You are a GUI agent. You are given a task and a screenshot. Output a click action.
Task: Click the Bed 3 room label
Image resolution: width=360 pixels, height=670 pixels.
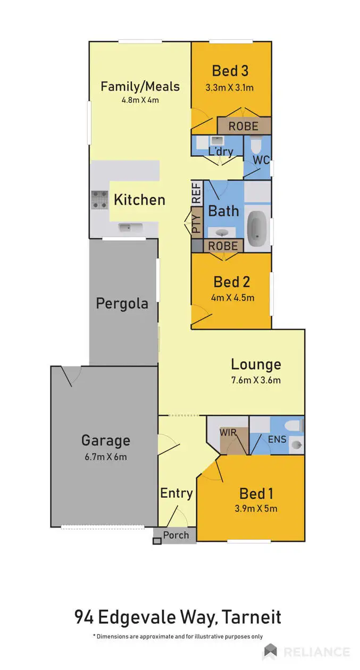pyautogui.click(x=231, y=70)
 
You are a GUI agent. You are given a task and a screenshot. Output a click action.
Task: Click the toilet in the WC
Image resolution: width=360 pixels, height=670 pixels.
pyautogui.click(x=256, y=144)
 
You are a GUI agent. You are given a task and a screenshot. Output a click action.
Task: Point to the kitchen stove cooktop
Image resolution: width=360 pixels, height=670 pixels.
pyautogui.click(x=99, y=199)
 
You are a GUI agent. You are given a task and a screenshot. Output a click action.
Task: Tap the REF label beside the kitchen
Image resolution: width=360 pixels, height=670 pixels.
pyautogui.click(x=196, y=192)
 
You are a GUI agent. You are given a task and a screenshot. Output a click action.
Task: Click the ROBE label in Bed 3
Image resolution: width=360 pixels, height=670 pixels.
pyautogui.click(x=244, y=127)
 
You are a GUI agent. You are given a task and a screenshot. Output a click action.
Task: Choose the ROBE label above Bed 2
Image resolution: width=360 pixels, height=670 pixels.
pyautogui.click(x=223, y=246)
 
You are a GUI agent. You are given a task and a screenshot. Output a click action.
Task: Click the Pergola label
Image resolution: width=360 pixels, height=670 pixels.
pyautogui.click(x=122, y=304)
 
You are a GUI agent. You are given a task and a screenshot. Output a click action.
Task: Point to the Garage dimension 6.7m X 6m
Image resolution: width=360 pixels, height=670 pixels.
pyautogui.click(x=105, y=456)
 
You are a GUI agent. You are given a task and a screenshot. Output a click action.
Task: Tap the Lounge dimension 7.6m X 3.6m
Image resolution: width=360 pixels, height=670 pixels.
pyautogui.click(x=256, y=380)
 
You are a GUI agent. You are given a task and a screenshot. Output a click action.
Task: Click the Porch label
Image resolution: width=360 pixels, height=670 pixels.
pyautogui.click(x=175, y=535)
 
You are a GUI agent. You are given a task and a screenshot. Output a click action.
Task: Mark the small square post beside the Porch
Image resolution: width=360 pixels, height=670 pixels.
pyautogui.click(x=156, y=541)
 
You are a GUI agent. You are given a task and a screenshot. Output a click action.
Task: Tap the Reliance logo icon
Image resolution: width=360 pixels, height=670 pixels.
pyautogui.click(x=270, y=651)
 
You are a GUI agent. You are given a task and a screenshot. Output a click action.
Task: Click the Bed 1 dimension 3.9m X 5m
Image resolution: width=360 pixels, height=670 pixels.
pyautogui.click(x=256, y=508)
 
